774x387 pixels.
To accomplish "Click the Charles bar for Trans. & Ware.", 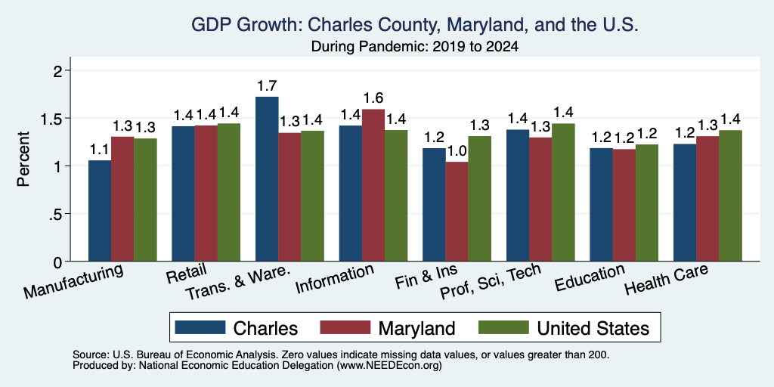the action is [267, 178].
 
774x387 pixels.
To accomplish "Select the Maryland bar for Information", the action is [373, 185].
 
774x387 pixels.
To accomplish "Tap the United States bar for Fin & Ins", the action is [479, 199].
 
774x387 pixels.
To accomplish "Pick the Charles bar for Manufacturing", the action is [100, 211].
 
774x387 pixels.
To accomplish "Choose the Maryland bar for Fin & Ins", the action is [457, 212].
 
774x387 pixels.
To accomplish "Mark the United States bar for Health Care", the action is [730, 196].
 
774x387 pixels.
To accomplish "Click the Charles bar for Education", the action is [601, 204].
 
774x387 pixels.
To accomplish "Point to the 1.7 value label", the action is [267, 86].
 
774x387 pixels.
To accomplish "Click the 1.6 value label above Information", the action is [373, 98].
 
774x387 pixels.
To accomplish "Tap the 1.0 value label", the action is [457, 151].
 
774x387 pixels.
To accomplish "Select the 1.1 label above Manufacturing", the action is [100, 150].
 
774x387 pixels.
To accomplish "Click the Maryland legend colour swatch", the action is [345, 327].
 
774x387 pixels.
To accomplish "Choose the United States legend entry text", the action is [593, 328].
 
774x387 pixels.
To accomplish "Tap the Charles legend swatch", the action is [200, 327].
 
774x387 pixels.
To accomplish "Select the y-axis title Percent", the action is [23, 159].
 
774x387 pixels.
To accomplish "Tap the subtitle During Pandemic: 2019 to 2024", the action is [415, 47].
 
